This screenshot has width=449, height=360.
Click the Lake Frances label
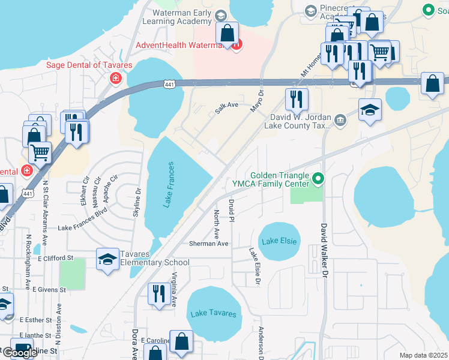click(170, 185)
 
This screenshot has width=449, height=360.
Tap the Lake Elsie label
click(277, 241)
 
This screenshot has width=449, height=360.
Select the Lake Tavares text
click(213, 314)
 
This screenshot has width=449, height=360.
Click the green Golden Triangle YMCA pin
click(318, 178)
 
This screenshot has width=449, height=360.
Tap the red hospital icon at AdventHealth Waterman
click(238, 44)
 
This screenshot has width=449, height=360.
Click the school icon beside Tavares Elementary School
click(107, 259)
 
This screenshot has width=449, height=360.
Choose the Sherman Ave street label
click(208, 244)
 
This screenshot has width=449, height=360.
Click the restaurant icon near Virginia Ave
click(158, 293)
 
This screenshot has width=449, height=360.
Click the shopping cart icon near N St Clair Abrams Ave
click(40, 152)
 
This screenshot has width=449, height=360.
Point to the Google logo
click(19, 353)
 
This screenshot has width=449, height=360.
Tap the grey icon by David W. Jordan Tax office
click(340, 119)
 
